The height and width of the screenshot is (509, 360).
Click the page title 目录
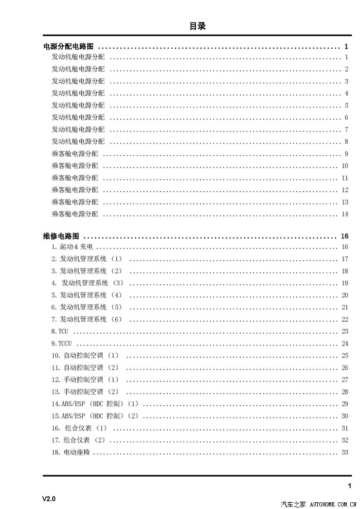click(197, 26)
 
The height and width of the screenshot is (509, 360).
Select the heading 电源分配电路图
click(68, 47)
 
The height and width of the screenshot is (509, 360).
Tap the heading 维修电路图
click(61, 237)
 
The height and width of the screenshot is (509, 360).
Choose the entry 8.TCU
click(60, 332)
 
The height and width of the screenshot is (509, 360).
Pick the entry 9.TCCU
click(62, 343)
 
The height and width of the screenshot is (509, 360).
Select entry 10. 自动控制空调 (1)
click(85, 356)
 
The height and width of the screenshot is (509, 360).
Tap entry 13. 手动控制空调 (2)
click(85, 392)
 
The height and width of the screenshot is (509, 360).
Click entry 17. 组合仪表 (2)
click(78, 440)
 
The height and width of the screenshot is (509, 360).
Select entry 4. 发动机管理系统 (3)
click(87, 283)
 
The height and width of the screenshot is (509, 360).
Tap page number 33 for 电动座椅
click(345, 452)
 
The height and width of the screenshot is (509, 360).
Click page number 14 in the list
click(345, 214)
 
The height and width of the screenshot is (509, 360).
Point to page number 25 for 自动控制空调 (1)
click(345, 356)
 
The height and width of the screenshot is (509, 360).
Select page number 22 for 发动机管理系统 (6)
click(345, 319)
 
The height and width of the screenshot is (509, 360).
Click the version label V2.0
click(49, 499)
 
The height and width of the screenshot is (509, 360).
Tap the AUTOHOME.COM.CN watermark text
click(334, 503)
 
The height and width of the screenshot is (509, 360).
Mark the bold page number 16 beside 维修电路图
click(345, 237)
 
